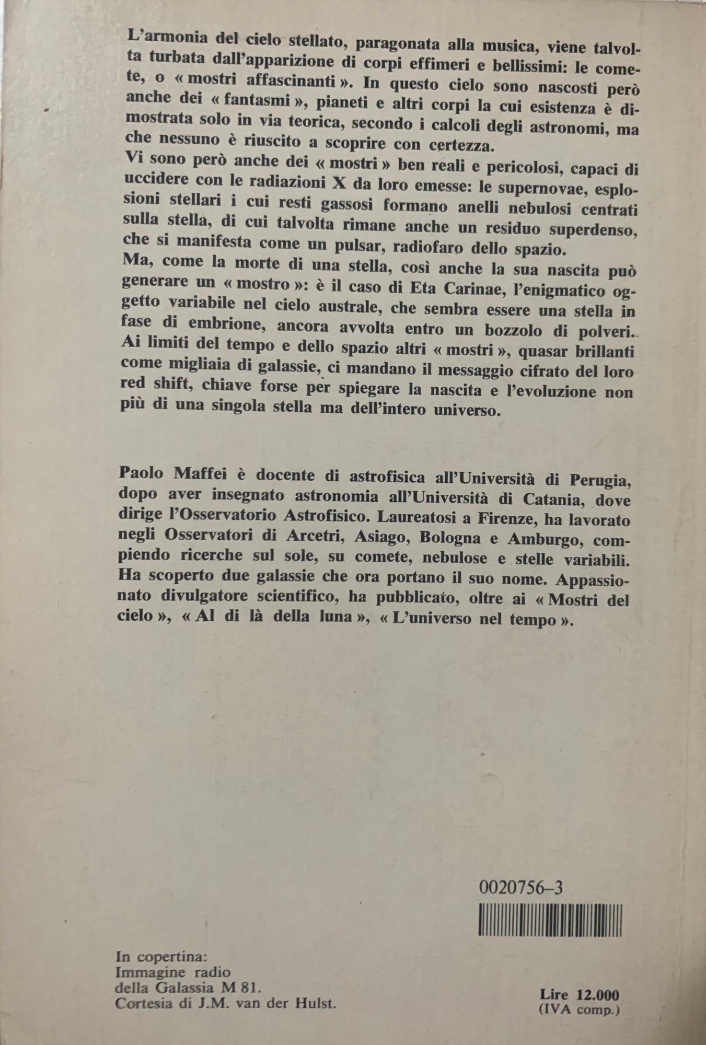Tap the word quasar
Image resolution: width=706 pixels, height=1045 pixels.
click(x=537, y=351)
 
